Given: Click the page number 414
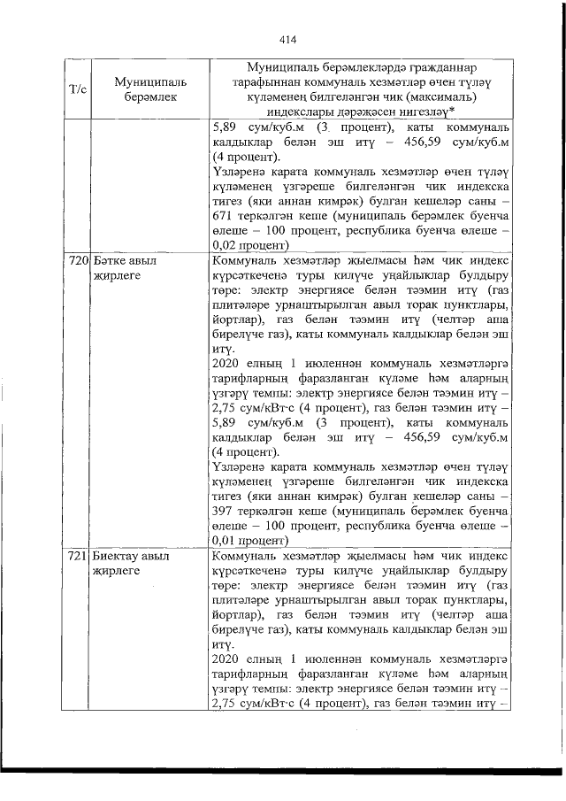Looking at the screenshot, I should [286, 39].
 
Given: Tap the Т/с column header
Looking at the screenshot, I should [76, 89].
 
